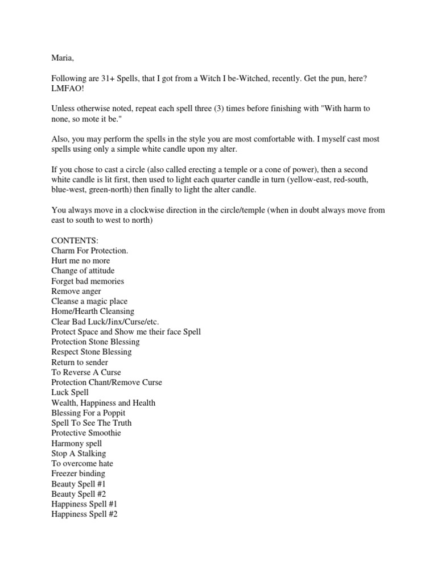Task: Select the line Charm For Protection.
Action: (90, 251)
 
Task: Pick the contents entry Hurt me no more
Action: (81, 261)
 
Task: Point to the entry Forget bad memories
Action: (88, 281)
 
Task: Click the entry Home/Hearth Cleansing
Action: (93, 311)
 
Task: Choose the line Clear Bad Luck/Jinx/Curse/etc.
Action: (105, 322)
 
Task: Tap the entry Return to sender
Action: (80, 362)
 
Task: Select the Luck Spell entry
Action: (70, 393)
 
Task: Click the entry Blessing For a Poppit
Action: (88, 413)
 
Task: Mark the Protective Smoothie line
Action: (86, 433)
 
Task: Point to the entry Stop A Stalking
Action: (79, 454)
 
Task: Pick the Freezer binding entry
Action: (78, 473)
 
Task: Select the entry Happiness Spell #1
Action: (84, 504)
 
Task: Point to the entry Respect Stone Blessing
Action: (91, 352)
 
